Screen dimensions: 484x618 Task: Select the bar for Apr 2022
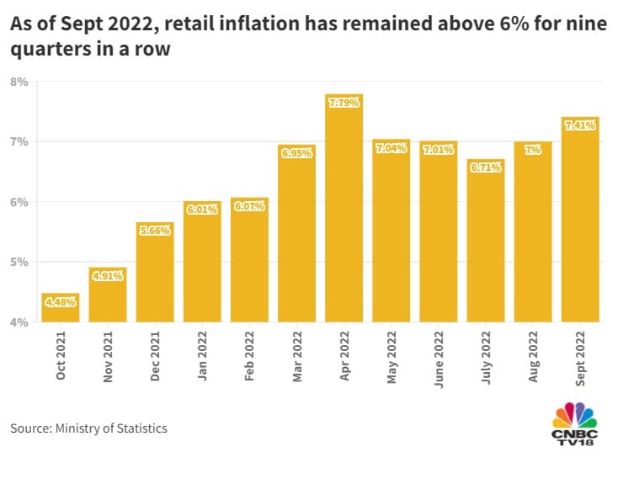[344, 210]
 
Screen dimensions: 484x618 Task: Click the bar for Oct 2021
[61, 310]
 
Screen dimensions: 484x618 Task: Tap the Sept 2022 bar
[580, 223]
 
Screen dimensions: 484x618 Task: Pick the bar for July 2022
[486, 244]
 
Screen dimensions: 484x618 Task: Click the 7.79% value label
[344, 103]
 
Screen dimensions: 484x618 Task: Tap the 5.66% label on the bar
[155, 231]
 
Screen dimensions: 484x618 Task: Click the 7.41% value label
[580, 125]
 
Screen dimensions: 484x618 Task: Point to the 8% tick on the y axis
[19, 82]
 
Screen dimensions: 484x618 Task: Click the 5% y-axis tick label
[19, 262]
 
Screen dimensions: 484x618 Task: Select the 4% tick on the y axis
[19, 322]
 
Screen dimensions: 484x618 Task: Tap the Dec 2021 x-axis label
[155, 359]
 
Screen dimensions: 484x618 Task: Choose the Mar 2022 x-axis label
[296, 359]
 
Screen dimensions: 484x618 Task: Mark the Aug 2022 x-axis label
[533, 359]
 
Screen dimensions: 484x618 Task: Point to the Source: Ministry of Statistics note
[88, 428]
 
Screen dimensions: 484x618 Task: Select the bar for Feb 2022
[249, 261]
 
